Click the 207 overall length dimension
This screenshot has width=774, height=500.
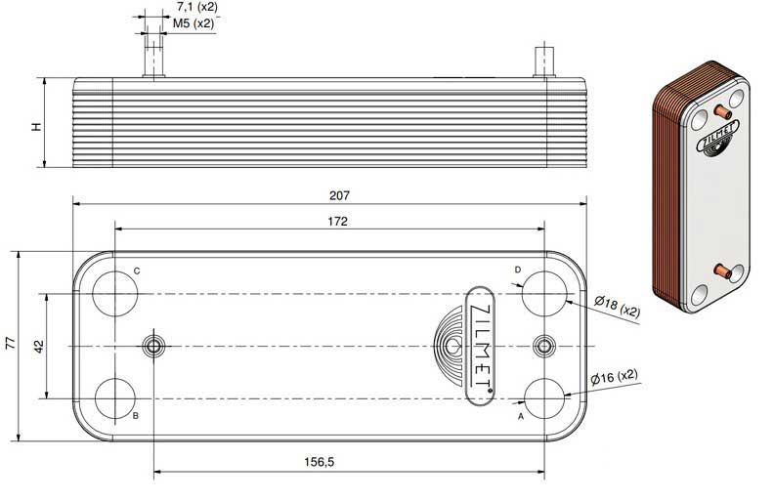(339, 195)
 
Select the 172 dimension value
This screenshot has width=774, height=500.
(337, 222)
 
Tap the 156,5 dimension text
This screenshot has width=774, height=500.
(319, 462)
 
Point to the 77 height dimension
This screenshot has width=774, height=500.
(11, 343)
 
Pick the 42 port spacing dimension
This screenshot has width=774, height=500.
(39, 346)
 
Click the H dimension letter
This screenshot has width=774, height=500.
(36, 127)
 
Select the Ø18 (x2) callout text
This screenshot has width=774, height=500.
(617, 306)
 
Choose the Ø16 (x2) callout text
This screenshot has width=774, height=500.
(615, 377)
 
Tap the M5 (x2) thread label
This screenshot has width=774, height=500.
(193, 23)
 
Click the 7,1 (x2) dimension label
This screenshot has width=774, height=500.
(197, 7)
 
